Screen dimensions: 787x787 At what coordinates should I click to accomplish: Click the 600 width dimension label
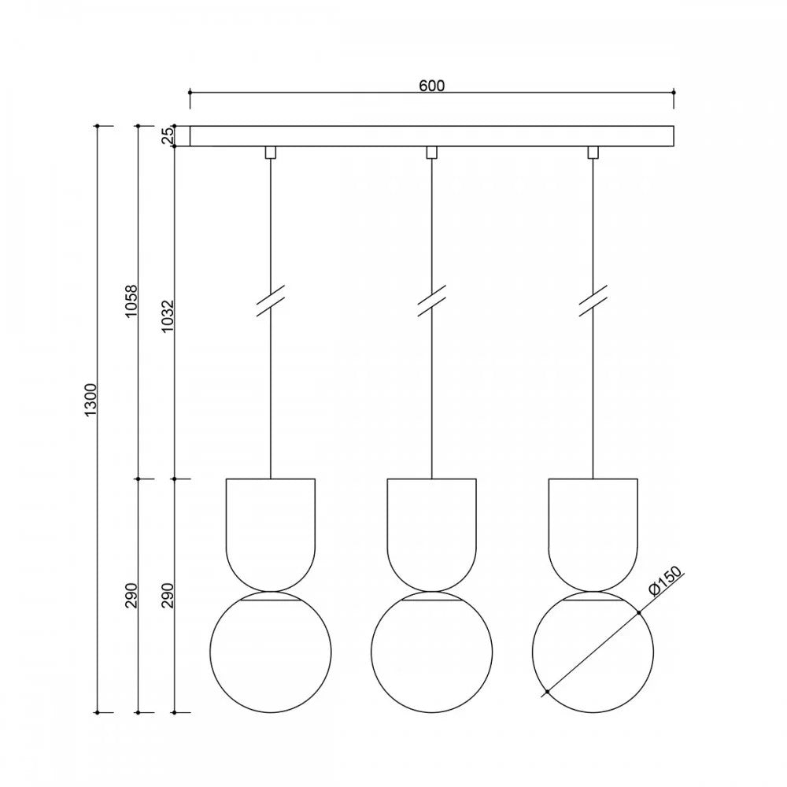click(x=431, y=86)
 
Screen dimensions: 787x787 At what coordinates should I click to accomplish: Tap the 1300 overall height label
click(x=91, y=400)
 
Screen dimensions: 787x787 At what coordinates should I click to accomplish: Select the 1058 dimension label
click(x=131, y=301)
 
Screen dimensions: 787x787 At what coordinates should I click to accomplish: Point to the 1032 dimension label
click(x=167, y=316)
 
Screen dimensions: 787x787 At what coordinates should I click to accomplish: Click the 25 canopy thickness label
click(x=167, y=135)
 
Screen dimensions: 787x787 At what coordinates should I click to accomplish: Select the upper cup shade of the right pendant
click(x=593, y=590)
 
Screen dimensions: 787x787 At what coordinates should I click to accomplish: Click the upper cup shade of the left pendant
click(x=271, y=590)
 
